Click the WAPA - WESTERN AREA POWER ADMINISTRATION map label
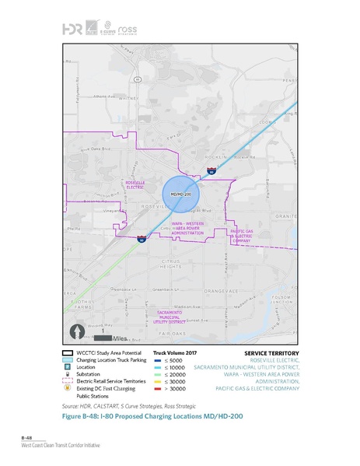click(x=187, y=227)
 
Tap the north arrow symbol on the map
click(x=78, y=331)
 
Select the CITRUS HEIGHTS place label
click(x=170, y=264)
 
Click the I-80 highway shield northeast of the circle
click(x=211, y=168)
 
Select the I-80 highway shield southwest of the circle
click(x=141, y=239)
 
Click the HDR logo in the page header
click(x=70, y=29)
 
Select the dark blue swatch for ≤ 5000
click(x=158, y=360)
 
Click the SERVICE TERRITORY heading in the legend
click(x=271, y=352)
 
